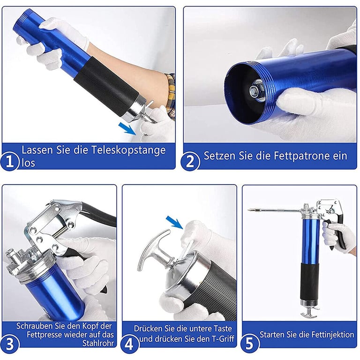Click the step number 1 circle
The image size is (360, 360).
point(9,161)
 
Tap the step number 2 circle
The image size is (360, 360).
point(190,161)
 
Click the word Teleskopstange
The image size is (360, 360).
point(128,150)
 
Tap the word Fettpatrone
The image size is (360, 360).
point(299,156)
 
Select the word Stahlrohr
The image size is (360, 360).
point(98,343)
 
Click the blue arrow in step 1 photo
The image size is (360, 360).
point(127,128)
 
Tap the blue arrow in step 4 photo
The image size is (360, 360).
point(174,222)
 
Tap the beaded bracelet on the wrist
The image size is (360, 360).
point(171,95)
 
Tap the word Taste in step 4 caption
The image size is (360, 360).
point(222,329)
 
